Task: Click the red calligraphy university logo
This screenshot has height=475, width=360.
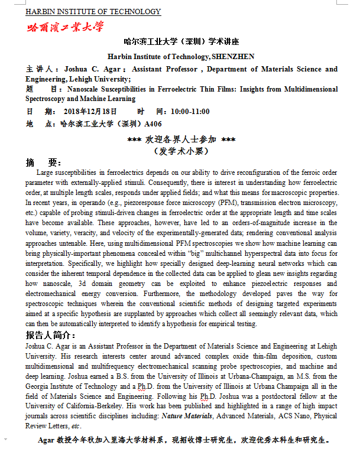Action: (64, 27)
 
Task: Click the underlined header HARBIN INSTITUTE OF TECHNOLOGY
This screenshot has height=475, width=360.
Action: (93, 12)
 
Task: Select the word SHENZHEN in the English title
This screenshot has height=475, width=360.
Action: (234, 57)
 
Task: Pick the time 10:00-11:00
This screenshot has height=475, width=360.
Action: (190, 112)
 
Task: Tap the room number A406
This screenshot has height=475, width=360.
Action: (153, 124)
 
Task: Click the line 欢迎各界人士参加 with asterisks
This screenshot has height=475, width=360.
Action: (181, 139)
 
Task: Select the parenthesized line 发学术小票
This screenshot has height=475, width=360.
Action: (181, 151)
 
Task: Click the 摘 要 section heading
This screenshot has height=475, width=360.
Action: (44, 162)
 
